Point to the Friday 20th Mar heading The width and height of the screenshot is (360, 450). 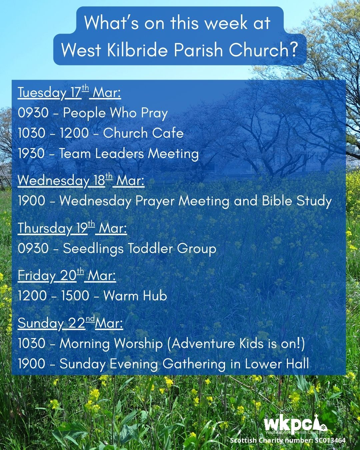(x=67, y=275)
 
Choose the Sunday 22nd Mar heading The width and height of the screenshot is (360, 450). (x=70, y=323)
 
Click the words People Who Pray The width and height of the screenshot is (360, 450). (x=115, y=113)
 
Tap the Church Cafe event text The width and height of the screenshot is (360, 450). (x=143, y=133)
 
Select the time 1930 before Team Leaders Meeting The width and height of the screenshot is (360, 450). (x=31, y=153)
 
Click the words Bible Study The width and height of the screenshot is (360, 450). (x=297, y=201)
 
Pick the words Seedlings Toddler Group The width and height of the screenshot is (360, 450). (x=140, y=249)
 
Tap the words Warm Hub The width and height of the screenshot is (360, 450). (x=135, y=295)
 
